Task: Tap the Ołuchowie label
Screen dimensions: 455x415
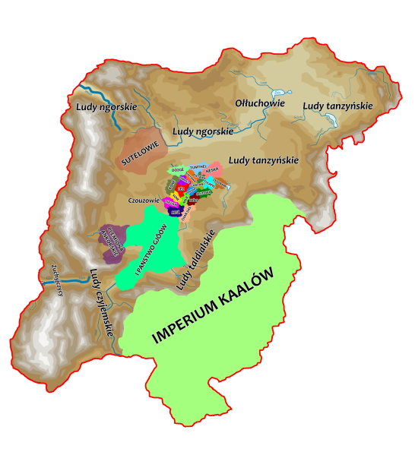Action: click(260, 103)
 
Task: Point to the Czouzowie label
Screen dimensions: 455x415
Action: click(144, 201)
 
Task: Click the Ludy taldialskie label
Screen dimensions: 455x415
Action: click(196, 261)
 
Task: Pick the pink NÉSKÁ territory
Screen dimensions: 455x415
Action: click(212, 171)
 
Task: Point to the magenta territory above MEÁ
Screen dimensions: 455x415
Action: click(171, 203)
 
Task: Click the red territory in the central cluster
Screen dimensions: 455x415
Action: click(181, 188)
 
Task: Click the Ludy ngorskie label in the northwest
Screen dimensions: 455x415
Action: click(106, 107)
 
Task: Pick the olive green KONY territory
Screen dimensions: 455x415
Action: click(171, 184)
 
